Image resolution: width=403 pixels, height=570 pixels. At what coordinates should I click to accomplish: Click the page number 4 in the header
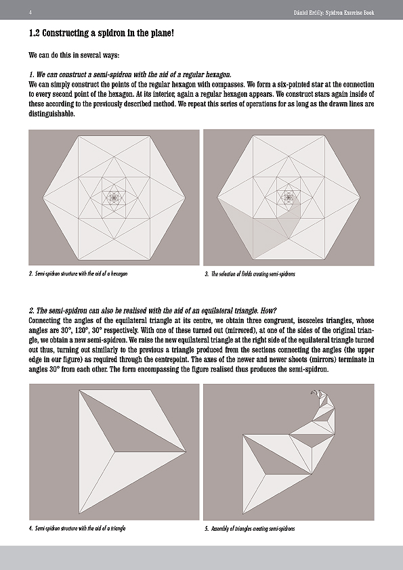click(x=30, y=13)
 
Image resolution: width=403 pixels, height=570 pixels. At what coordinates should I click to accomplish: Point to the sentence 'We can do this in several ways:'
click(x=75, y=56)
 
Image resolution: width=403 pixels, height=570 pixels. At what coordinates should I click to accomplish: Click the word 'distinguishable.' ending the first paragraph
click(x=51, y=114)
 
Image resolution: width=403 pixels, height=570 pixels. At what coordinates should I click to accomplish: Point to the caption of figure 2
click(x=78, y=273)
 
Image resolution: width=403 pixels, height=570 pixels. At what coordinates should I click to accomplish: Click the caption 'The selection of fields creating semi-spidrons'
click(x=250, y=274)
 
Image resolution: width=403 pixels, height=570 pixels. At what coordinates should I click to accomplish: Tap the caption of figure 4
click(x=77, y=528)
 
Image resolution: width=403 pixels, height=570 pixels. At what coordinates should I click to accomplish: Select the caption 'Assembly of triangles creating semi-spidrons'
click(x=249, y=529)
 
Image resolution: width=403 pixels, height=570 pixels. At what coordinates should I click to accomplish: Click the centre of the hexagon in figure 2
click(x=114, y=198)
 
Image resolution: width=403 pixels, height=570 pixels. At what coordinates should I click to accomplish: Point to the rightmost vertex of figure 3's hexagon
click(x=360, y=198)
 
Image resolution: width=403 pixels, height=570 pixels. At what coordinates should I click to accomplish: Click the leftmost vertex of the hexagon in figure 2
click(x=43, y=198)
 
